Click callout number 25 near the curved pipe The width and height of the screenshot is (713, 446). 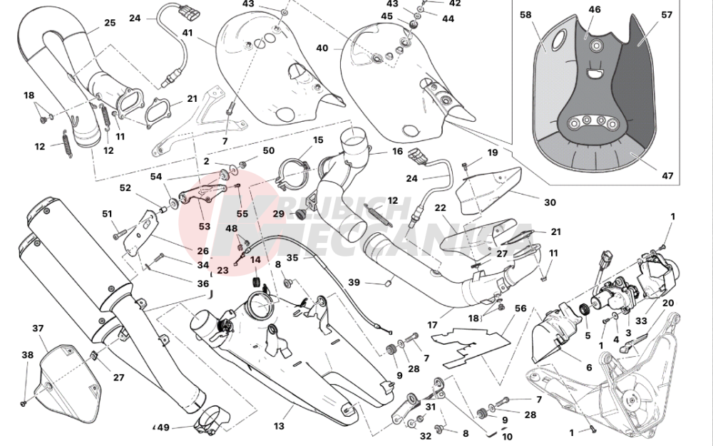tap(109, 23)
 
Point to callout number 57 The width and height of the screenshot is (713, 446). tap(667, 14)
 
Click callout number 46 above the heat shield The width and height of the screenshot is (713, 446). tap(594, 9)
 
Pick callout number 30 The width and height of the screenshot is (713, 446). tap(549, 202)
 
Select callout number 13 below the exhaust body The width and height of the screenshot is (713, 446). tap(278, 426)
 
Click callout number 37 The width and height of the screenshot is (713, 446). tap(38, 328)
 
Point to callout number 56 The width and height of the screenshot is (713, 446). tap(520, 308)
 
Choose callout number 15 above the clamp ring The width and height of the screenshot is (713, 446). tap(298, 140)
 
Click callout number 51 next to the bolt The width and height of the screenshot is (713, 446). tap(107, 214)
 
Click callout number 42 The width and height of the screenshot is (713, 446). tap(454, 3)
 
